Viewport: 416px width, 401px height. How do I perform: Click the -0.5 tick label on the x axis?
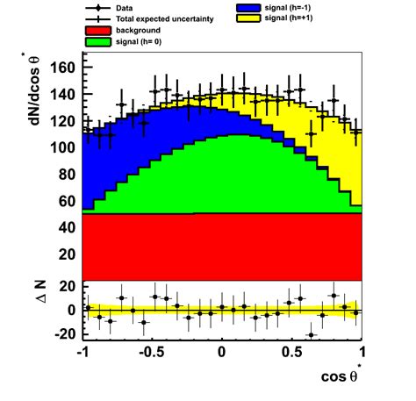[150, 354]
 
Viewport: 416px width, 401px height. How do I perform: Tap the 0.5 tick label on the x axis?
[291, 354]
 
